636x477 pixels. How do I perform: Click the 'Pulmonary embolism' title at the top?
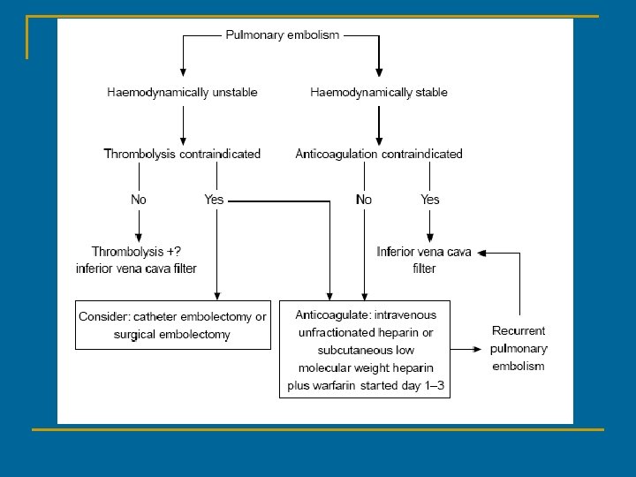pos(282,35)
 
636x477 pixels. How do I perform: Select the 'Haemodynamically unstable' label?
pos(182,92)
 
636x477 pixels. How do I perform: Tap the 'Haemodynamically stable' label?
pos(379,92)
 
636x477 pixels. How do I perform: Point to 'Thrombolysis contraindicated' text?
pos(182,154)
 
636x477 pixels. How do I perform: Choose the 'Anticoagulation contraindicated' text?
pos(379,154)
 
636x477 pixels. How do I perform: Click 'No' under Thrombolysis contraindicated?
pos(139,200)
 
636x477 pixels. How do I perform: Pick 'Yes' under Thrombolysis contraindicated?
pos(214,200)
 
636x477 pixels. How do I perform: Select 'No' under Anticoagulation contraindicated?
pos(364,200)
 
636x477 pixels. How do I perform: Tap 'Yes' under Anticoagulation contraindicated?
pos(429,200)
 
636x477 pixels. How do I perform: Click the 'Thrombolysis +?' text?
pos(136,252)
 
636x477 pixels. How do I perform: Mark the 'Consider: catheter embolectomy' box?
pos(172,325)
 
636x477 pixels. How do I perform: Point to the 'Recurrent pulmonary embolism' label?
pos(519,348)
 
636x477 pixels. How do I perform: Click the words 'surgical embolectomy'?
pos(172,335)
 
